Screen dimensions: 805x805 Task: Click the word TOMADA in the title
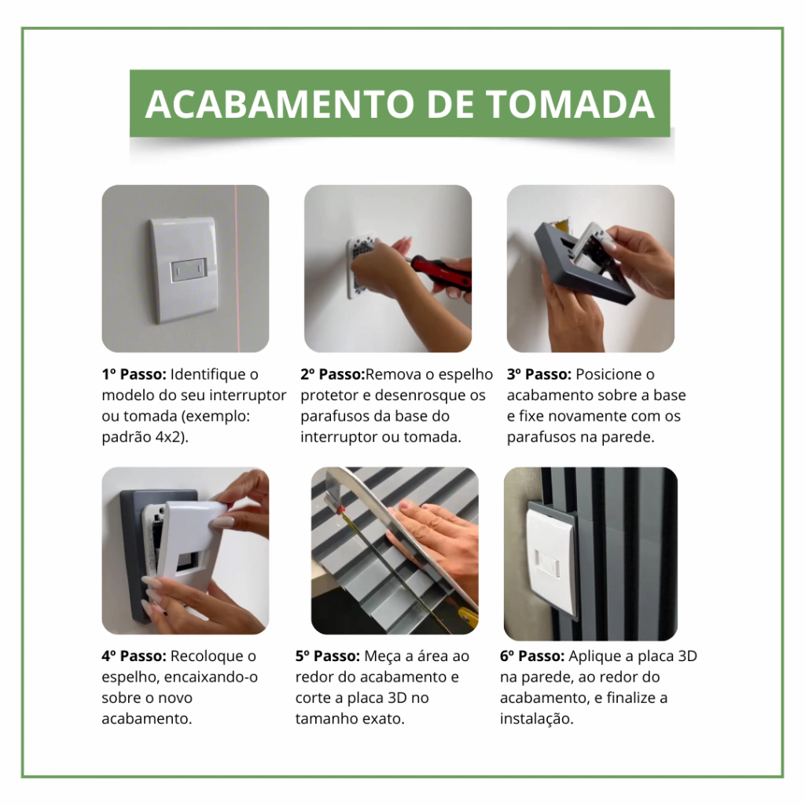pyautogui.click(x=570, y=104)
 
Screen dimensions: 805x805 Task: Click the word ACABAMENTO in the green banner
pyautogui.click(x=281, y=104)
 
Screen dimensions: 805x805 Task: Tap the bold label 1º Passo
pyautogui.click(x=134, y=374)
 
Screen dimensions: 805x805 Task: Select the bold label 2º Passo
pyautogui.click(x=333, y=374)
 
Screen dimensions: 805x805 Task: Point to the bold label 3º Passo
pyautogui.click(x=539, y=374)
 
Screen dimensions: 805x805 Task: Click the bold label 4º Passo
pyautogui.click(x=134, y=656)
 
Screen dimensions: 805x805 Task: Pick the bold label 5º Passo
pyautogui.click(x=328, y=656)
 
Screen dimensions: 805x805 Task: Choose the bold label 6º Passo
pyautogui.click(x=532, y=656)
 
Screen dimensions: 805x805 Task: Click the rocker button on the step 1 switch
pyautogui.click(x=189, y=270)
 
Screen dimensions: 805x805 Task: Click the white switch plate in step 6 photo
pyautogui.click(x=550, y=560)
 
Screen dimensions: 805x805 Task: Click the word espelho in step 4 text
pyautogui.click(x=130, y=677)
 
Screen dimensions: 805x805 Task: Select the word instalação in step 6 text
pyautogui.click(x=536, y=719)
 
